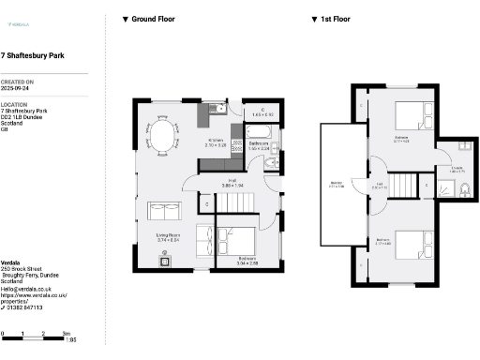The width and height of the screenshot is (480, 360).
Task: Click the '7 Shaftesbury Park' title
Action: pyautogui.click(x=33, y=55)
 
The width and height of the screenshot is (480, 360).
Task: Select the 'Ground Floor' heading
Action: pyautogui.click(x=153, y=19)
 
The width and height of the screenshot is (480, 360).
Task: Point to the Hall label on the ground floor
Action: pyautogui.click(x=232, y=181)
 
